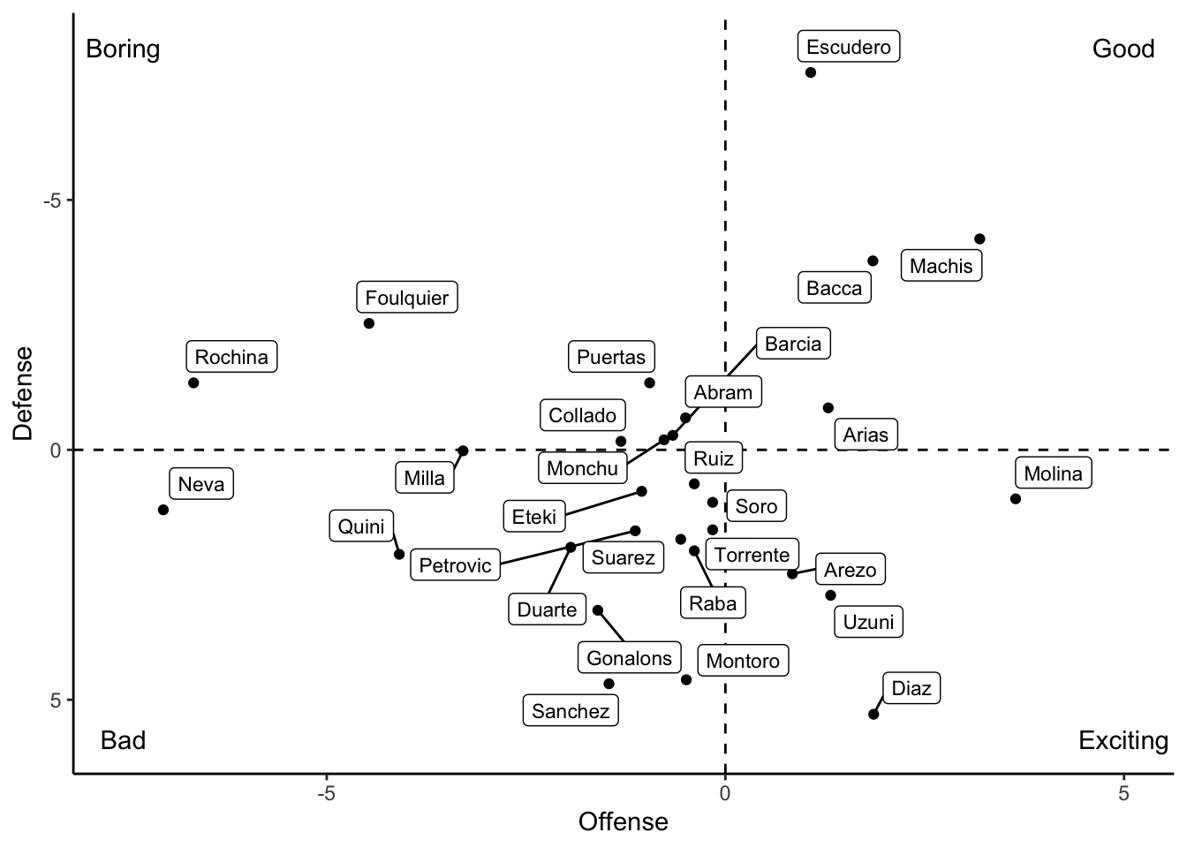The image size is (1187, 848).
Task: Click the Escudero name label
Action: pyautogui.click(x=849, y=47)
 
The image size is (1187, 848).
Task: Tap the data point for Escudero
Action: pyautogui.click(x=811, y=72)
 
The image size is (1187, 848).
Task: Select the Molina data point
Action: pyautogui.click(x=1016, y=499)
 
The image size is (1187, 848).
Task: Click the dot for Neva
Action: pyautogui.click(x=163, y=510)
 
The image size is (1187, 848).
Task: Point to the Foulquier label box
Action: pyautogui.click(x=407, y=298)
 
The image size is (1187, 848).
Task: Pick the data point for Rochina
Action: pyautogui.click(x=193, y=382)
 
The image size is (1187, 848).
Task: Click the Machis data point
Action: pyautogui.click(x=979, y=239)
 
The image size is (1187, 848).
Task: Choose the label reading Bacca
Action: pyautogui.click(x=834, y=288)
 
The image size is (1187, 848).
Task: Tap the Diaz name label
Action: pyautogui.click(x=911, y=688)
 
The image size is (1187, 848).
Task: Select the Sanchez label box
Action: pyautogui.click(x=571, y=711)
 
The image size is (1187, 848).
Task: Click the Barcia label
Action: pyautogui.click(x=792, y=344)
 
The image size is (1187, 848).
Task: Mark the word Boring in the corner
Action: pyautogui.click(x=123, y=49)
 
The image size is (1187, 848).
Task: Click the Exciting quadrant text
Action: pyautogui.click(x=1123, y=740)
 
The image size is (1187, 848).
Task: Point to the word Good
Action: pyautogui.click(x=1123, y=49)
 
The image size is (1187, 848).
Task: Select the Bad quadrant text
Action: pyautogui.click(x=123, y=740)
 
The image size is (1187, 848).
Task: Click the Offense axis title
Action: pyautogui.click(x=623, y=822)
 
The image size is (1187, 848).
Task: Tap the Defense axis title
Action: pyautogui.click(x=23, y=393)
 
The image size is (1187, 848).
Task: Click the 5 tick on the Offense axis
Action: pyautogui.click(x=1123, y=794)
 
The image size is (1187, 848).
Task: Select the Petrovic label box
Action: pyautogui.click(x=455, y=565)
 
